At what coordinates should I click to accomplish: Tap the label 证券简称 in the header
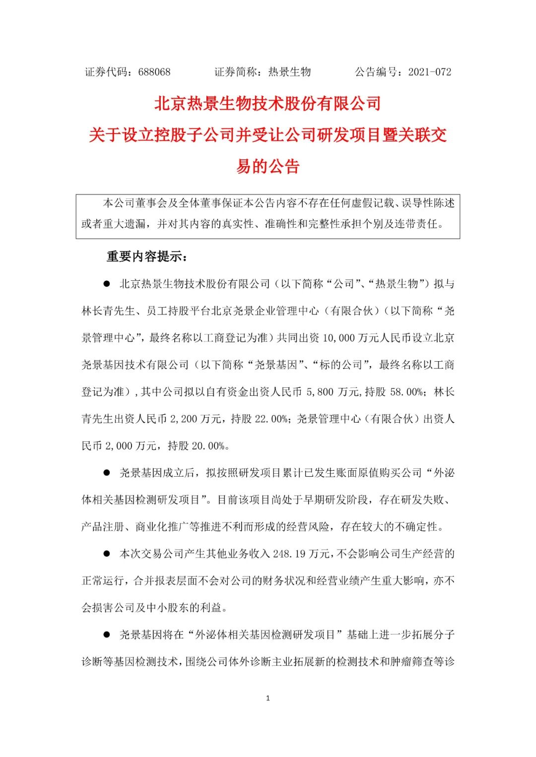click(x=235, y=72)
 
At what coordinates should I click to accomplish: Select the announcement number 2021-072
click(x=430, y=72)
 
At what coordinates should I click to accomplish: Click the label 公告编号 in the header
click(x=376, y=72)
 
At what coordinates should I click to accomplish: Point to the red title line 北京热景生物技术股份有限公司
click(x=268, y=104)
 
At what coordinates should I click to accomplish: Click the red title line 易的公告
click(x=268, y=166)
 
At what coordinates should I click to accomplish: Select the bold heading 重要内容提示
click(x=146, y=256)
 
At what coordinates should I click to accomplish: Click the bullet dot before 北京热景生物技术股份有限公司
click(x=106, y=284)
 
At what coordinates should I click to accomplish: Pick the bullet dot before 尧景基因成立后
click(x=106, y=473)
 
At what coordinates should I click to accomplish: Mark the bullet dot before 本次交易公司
click(x=106, y=554)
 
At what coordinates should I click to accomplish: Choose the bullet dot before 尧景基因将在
click(x=106, y=634)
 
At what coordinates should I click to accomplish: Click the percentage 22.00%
click(x=271, y=419)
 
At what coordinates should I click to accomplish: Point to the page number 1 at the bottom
click(x=268, y=698)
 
